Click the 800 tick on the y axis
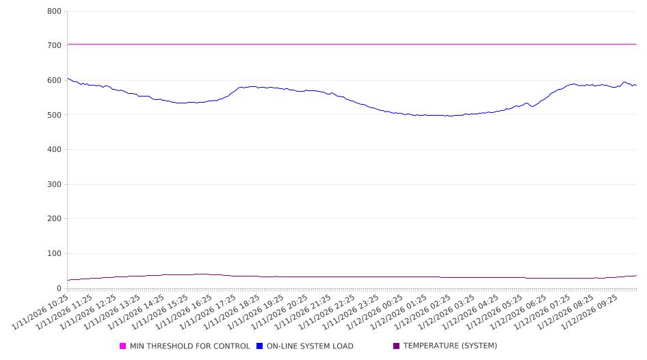pos(54,12)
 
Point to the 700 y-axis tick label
pos(54,46)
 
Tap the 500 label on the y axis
pos(54,115)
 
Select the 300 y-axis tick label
pos(54,185)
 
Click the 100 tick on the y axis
pos(54,254)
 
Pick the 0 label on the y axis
pos(59,288)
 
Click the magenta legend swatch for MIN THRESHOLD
pos(123,346)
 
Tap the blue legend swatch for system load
pos(260,346)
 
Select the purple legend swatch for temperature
pos(397,346)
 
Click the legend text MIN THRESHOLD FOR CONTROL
pos(189,346)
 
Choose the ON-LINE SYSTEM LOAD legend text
pos(310,346)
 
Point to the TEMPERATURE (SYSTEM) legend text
pos(450,346)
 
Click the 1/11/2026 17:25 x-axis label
pos(207,314)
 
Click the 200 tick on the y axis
pos(54,219)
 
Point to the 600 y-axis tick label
pos(54,81)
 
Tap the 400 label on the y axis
pos(54,150)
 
